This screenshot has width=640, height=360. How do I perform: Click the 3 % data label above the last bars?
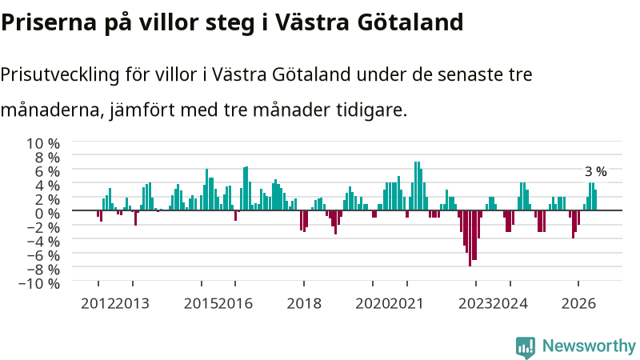pyautogui.click(x=595, y=172)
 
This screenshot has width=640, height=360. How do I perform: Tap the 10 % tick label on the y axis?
pyautogui.click(x=43, y=144)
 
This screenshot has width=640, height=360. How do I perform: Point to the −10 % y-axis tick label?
pyautogui.click(x=39, y=283)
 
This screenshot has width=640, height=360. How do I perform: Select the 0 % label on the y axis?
pyautogui.click(x=47, y=214)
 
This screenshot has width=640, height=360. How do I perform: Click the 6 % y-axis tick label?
pyautogui.click(x=47, y=171)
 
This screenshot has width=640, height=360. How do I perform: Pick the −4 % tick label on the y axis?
pyautogui.click(x=43, y=242)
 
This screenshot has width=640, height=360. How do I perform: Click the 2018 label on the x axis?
pyautogui.click(x=304, y=304)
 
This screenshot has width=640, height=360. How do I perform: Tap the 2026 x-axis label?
pyautogui.click(x=578, y=304)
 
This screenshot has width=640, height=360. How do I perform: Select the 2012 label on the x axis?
pyautogui.click(x=98, y=304)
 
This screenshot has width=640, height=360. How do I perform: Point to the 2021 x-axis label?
pyautogui.click(x=406, y=304)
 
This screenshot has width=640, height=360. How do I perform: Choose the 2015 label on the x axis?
pyautogui.click(x=201, y=304)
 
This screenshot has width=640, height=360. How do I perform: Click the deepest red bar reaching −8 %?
pyautogui.click(x=470, y=238)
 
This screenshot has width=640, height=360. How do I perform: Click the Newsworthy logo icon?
pyautogui.click(x=526, y=347)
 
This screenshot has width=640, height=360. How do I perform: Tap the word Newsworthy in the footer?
pyautogui.click(x=589, y=346)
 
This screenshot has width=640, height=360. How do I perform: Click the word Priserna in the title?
pyautogui.click(x=49, y=22)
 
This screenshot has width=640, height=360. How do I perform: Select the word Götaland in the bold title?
pyautogui.click(x=410, y=22)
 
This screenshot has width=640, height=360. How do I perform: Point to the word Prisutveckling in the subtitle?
pyautogui.click(x=60, y=75)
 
